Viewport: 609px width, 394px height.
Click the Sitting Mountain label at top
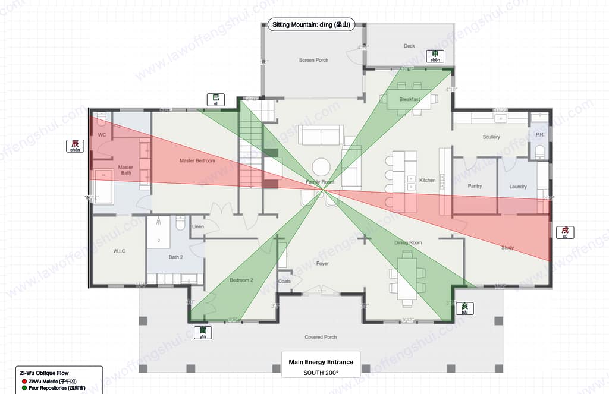tap(311, 25)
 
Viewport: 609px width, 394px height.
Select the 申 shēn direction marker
tap(435, 56)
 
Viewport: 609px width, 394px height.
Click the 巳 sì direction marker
tap(215, 100)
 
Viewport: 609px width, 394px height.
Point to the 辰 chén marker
tap(75, 146)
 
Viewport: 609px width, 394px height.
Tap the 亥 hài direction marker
tap(464, 308)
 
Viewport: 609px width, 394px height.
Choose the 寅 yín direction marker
tap(203, 333)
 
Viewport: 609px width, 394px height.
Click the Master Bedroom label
tap(197, 160)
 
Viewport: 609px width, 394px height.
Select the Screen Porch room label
tap(313, 60)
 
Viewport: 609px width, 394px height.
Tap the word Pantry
tap(475, 186)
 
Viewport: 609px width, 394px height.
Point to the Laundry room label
tap(517, 187)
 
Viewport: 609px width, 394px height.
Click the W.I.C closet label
tap(119, 251)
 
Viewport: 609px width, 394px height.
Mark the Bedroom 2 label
tap(242, 280)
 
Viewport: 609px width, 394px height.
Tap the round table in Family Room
tap(322, 166)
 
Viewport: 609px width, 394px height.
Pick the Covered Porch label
tap(321, 337)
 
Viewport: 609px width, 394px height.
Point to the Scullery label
tap(491, 137)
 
